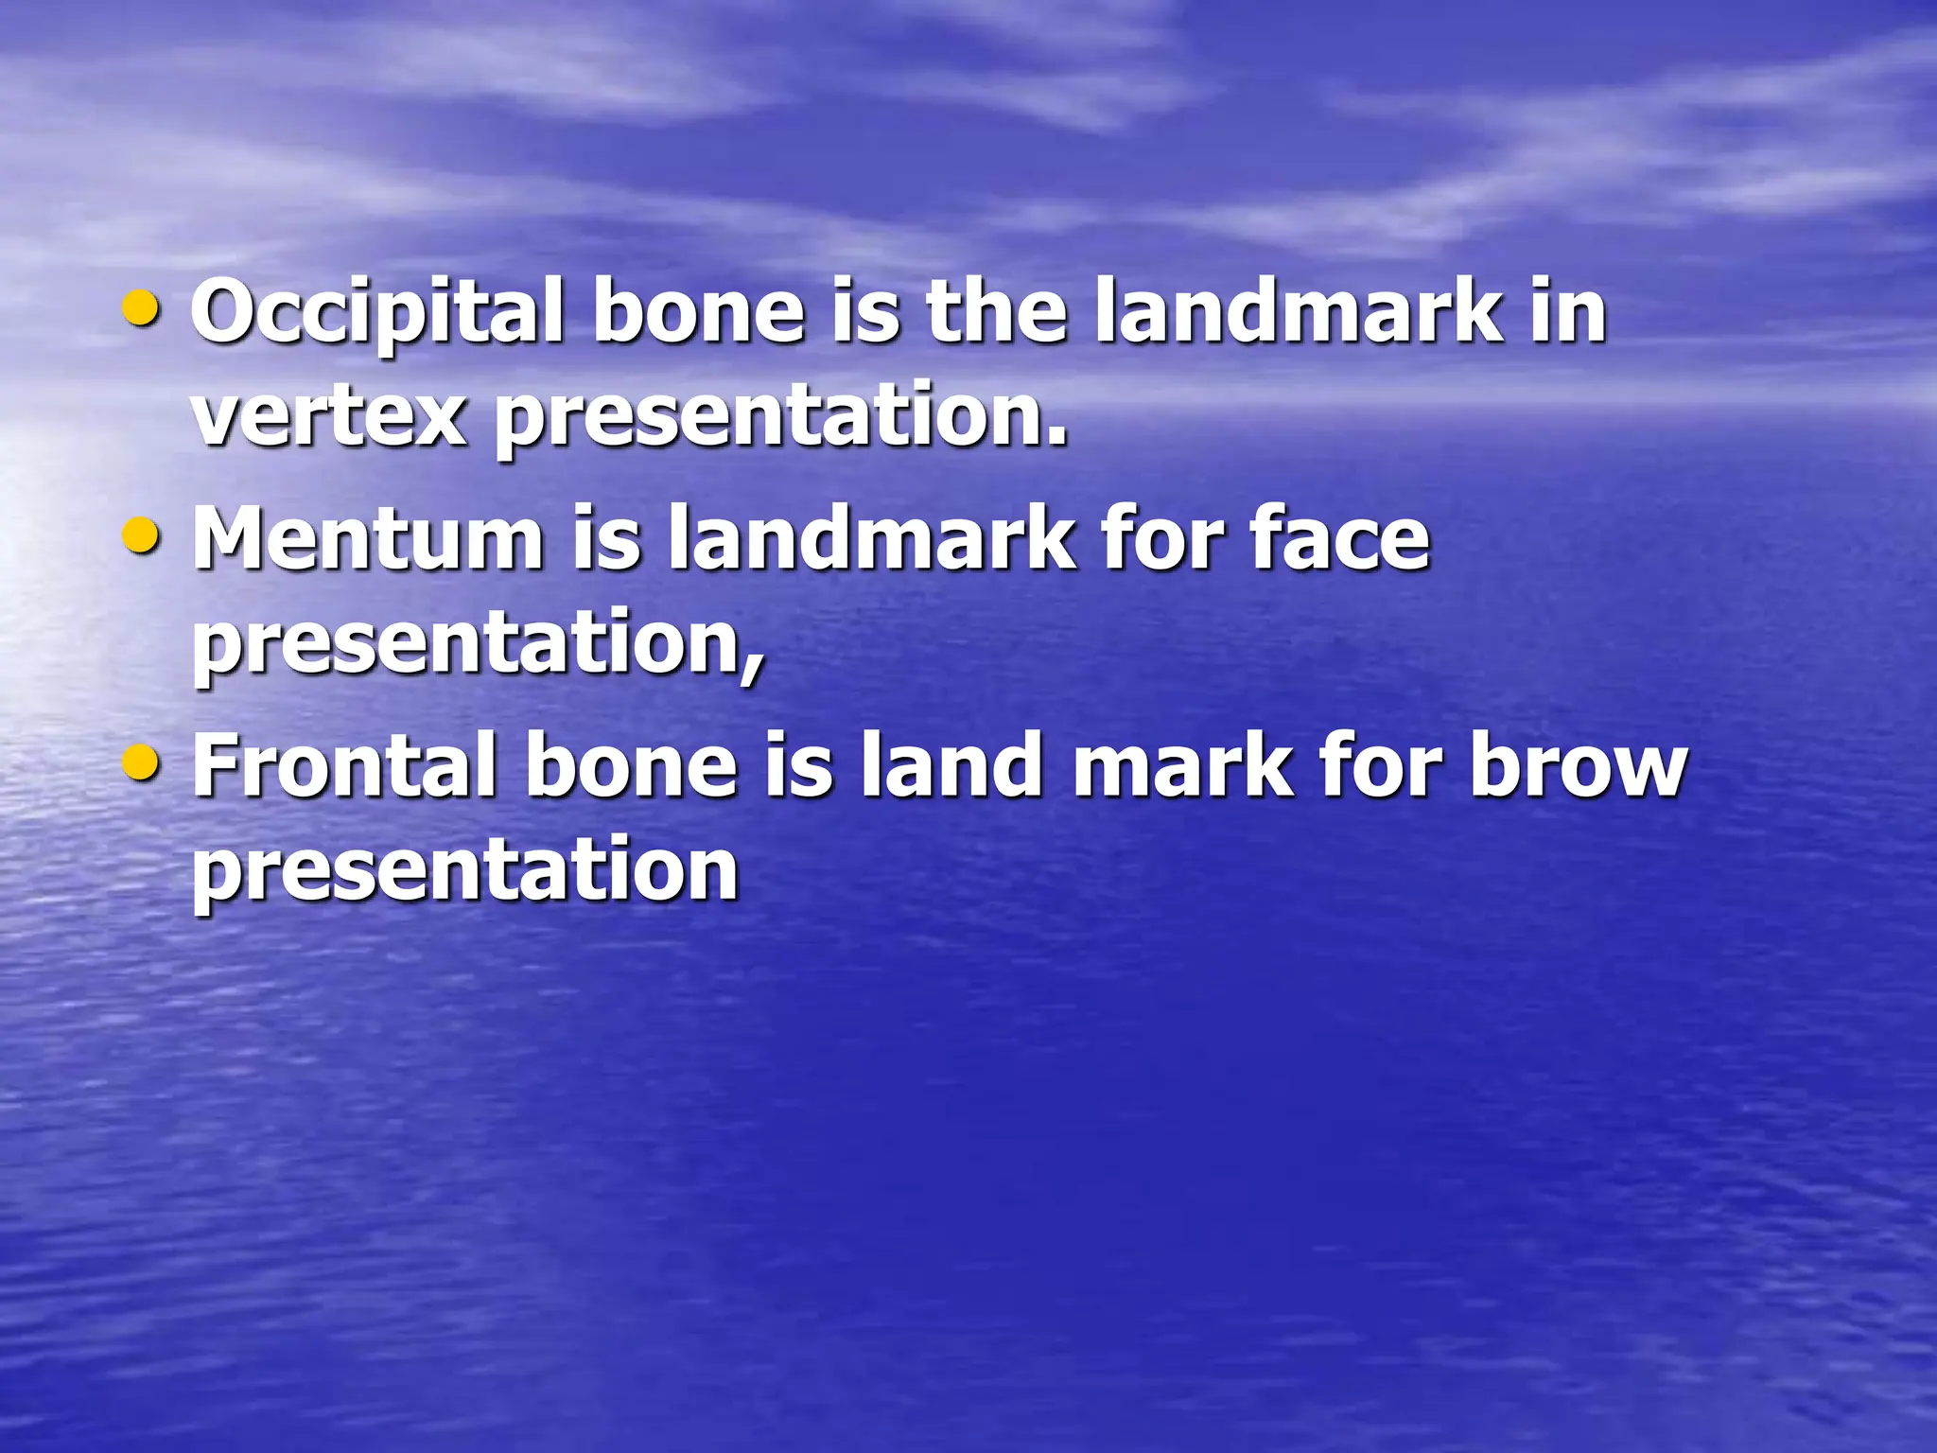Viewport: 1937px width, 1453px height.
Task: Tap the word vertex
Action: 328,416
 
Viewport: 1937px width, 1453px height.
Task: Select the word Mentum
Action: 368,539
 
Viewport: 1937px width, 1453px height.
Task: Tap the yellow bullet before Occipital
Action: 142,308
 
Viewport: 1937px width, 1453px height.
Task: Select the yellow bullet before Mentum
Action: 142,535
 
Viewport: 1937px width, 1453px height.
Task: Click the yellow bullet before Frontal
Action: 142,762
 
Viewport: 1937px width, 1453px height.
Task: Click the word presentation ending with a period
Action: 781,418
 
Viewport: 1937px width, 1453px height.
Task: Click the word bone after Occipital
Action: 698,312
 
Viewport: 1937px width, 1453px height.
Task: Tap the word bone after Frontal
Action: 630,766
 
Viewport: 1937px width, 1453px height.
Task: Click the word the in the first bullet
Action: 996,312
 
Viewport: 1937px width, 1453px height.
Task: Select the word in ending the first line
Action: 1568,312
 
